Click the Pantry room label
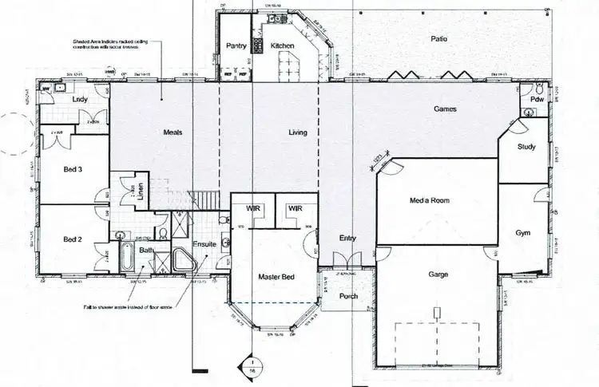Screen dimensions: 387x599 pos(235,46)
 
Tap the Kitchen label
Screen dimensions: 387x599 pos(282,46)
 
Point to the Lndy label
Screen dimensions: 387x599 pos(80,99)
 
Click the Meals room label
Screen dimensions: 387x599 pos(174,132)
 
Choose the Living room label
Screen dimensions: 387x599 pos(298,132)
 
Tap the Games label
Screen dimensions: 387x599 pos(445,109)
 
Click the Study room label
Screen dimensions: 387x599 pos(526,147)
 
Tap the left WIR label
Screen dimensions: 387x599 pos(253,207)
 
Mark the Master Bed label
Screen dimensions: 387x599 pos(276,277)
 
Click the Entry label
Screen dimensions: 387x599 pos(347,239)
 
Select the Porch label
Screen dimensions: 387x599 pos(348,297)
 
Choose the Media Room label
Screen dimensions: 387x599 pos(430,200)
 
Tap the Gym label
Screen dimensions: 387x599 pos(523,233)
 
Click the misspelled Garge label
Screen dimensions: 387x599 pos(438,275)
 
